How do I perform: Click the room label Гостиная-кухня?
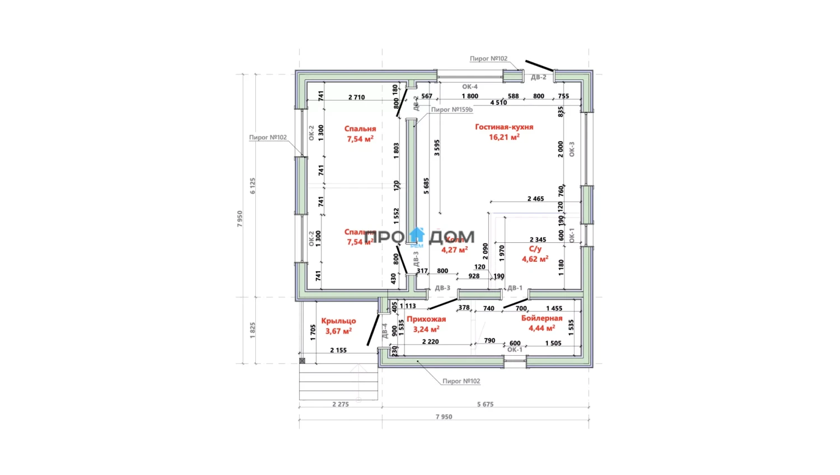(x=504, y=127)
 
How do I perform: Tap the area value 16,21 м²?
(x=504, y=137)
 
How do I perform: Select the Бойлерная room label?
(x=542, y=318)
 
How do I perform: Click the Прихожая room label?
(x=426, y=319)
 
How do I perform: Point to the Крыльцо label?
(x=338, y=321)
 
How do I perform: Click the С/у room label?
(x=535, y=249)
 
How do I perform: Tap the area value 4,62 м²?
(x=535, y=259)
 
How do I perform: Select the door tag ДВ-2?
(x=538, y=77)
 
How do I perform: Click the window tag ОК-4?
(x=470, y=87)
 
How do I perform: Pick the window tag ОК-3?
(x=572, y=149)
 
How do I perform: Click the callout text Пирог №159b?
(x=451, y=110)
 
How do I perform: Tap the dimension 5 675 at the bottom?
(x=485, y=404)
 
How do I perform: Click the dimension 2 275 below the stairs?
(x=340, y=404)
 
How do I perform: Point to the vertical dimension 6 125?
(x=253, y=186)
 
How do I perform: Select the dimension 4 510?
(x=498, y=102)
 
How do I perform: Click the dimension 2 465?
(x=535, y=199)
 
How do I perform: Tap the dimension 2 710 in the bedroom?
(x=356, y=97)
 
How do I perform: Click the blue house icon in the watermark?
(x=417, y=234)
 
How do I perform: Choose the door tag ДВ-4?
(x=385, y=331)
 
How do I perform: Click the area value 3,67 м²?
(x=338, y=331)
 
